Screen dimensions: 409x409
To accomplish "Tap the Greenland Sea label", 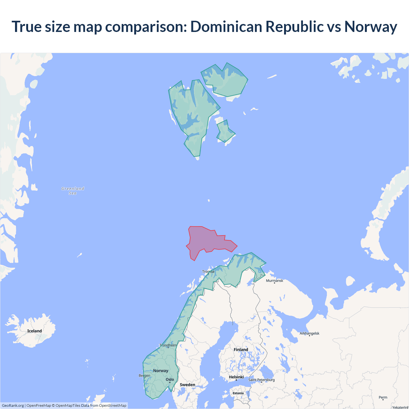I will (x=73, y=191).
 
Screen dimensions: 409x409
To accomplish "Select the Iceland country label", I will (x=35, y=331).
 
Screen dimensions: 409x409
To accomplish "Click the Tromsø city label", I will (x=208, y=272).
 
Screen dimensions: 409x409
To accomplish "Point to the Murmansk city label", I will (x=274, y=281).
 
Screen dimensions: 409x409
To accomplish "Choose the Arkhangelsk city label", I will (x=309, y=333).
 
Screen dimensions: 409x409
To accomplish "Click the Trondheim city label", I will (x=168, y=345).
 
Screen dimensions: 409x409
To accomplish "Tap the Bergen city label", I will (x=144, y=375).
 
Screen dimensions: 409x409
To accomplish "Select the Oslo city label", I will (x=170, y=380).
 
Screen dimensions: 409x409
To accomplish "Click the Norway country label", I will (x=160, y=371).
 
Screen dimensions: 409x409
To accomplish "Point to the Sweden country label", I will (x=187, y=385).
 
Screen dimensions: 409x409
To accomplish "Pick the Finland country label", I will (x=241, y=350).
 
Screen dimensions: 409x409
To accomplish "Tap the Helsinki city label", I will (x=236, y=377).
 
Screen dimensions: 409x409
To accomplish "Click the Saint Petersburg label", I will (x=261, y=380).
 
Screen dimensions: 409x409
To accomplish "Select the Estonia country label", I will (x=238, y=393).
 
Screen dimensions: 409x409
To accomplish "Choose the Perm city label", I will (x=383, y=397).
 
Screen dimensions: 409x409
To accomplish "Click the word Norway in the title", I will (x=371, y=27).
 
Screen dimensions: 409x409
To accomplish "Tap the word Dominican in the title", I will (x=225, y=27).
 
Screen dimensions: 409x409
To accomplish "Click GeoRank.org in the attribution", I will (x=13, y=405).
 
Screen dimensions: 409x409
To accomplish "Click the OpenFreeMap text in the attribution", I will (x=39, y=405).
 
